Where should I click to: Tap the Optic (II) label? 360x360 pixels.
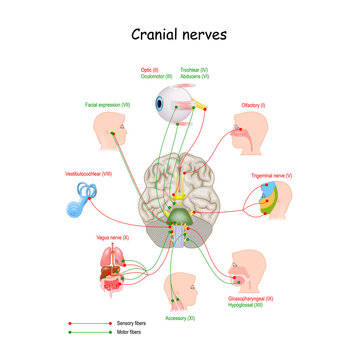pyautogui.click(x=150, y=69)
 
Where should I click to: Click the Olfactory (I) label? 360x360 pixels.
pyautogui.click(x=254, y=102)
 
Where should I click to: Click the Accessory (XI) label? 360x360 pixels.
pyautogui.click(x=180, y=317)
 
